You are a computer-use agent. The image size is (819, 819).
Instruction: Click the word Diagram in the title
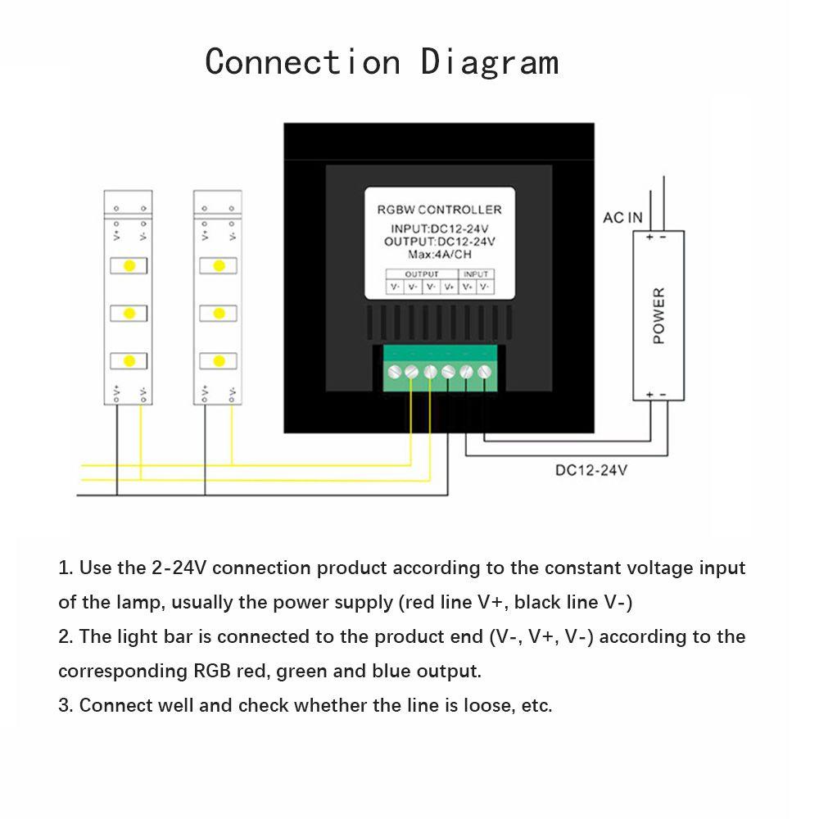[x=490, y=62]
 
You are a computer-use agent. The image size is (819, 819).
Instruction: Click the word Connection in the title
[x=303, y=62]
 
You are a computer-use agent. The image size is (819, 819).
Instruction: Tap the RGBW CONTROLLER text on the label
[x=439, y=210]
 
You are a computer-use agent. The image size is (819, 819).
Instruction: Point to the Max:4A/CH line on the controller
[x=439, y=255]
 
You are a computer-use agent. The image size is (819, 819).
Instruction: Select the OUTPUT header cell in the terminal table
[x=422, y=274]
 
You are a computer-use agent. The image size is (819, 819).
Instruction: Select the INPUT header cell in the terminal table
[x=476, y=274]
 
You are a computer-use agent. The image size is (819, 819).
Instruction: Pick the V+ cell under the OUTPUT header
[x=449, y=287]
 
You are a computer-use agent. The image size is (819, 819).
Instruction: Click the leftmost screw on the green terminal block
[x=394, y=372]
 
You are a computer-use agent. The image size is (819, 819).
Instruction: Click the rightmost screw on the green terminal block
[x=485, y=372]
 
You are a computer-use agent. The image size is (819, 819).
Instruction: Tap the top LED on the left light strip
[x=129, y=266]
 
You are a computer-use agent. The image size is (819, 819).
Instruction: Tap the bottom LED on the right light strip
[x=219, y=360]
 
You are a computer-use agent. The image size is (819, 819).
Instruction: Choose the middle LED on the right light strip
[x=219, y=313]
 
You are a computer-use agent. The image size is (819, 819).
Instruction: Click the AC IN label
[x=622, y=218]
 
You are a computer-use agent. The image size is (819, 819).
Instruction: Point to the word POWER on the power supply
[x=659, y=315]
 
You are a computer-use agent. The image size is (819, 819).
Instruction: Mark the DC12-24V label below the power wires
[x=591, y=470]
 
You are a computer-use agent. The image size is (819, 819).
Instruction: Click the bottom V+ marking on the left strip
[x=116, y=392]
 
